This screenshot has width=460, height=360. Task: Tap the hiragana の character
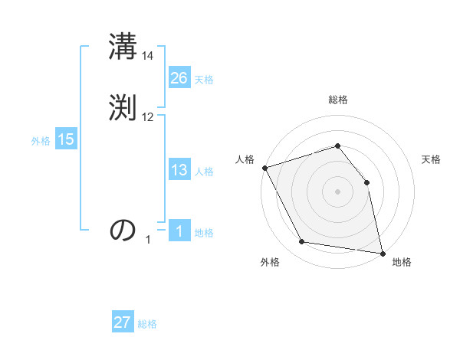(x=123, y=230)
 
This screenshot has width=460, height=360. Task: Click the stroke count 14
(x=148, y=56)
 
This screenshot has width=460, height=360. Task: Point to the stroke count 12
(x=148, y=116)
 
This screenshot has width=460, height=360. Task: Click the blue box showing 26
(x=179, y=77)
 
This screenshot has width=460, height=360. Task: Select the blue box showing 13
(x=179, y=170)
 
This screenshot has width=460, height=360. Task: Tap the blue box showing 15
(x=65, y=139)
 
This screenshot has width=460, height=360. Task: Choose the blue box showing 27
(x=123, y=322)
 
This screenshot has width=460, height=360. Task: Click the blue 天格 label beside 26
(x=204, y=80)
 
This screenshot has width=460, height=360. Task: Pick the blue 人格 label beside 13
(x=204, y=172)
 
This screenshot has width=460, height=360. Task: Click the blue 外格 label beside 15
(x=41, y=141)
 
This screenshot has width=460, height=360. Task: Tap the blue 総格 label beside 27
(x=147, y=324)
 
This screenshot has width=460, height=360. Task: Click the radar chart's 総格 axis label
(x=337, y=100)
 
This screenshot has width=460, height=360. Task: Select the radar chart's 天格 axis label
(x=432, y=159)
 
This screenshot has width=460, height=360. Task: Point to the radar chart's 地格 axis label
(x=402, y=262)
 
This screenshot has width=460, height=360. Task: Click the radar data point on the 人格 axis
(x=264, y=168)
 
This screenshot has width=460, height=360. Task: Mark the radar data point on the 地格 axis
(x=383, y=253)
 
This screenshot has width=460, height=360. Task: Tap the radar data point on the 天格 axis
(x=366, y=182)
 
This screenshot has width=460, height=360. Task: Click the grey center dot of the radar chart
(x=337, y=191)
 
